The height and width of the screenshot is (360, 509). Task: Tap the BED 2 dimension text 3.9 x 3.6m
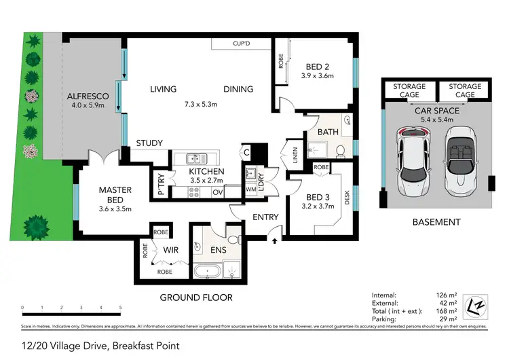(x=318, y=76)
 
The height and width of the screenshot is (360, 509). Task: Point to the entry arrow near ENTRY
(x=274, y=238)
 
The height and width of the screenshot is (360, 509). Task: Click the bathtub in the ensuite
(x=206, y=274)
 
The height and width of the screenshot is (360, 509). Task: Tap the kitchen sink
(x=196, y=159)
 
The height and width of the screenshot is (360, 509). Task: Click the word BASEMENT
(x=437, y=222)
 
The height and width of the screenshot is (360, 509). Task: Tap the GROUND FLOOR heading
(x=196, y=298)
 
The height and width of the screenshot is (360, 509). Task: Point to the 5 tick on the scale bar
(x=120, y=308)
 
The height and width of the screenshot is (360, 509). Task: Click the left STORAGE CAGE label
(x=409, y=91)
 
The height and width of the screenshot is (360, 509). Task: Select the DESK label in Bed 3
(x=347, y=198)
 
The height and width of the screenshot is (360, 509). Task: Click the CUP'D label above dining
(x=241, y=43)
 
